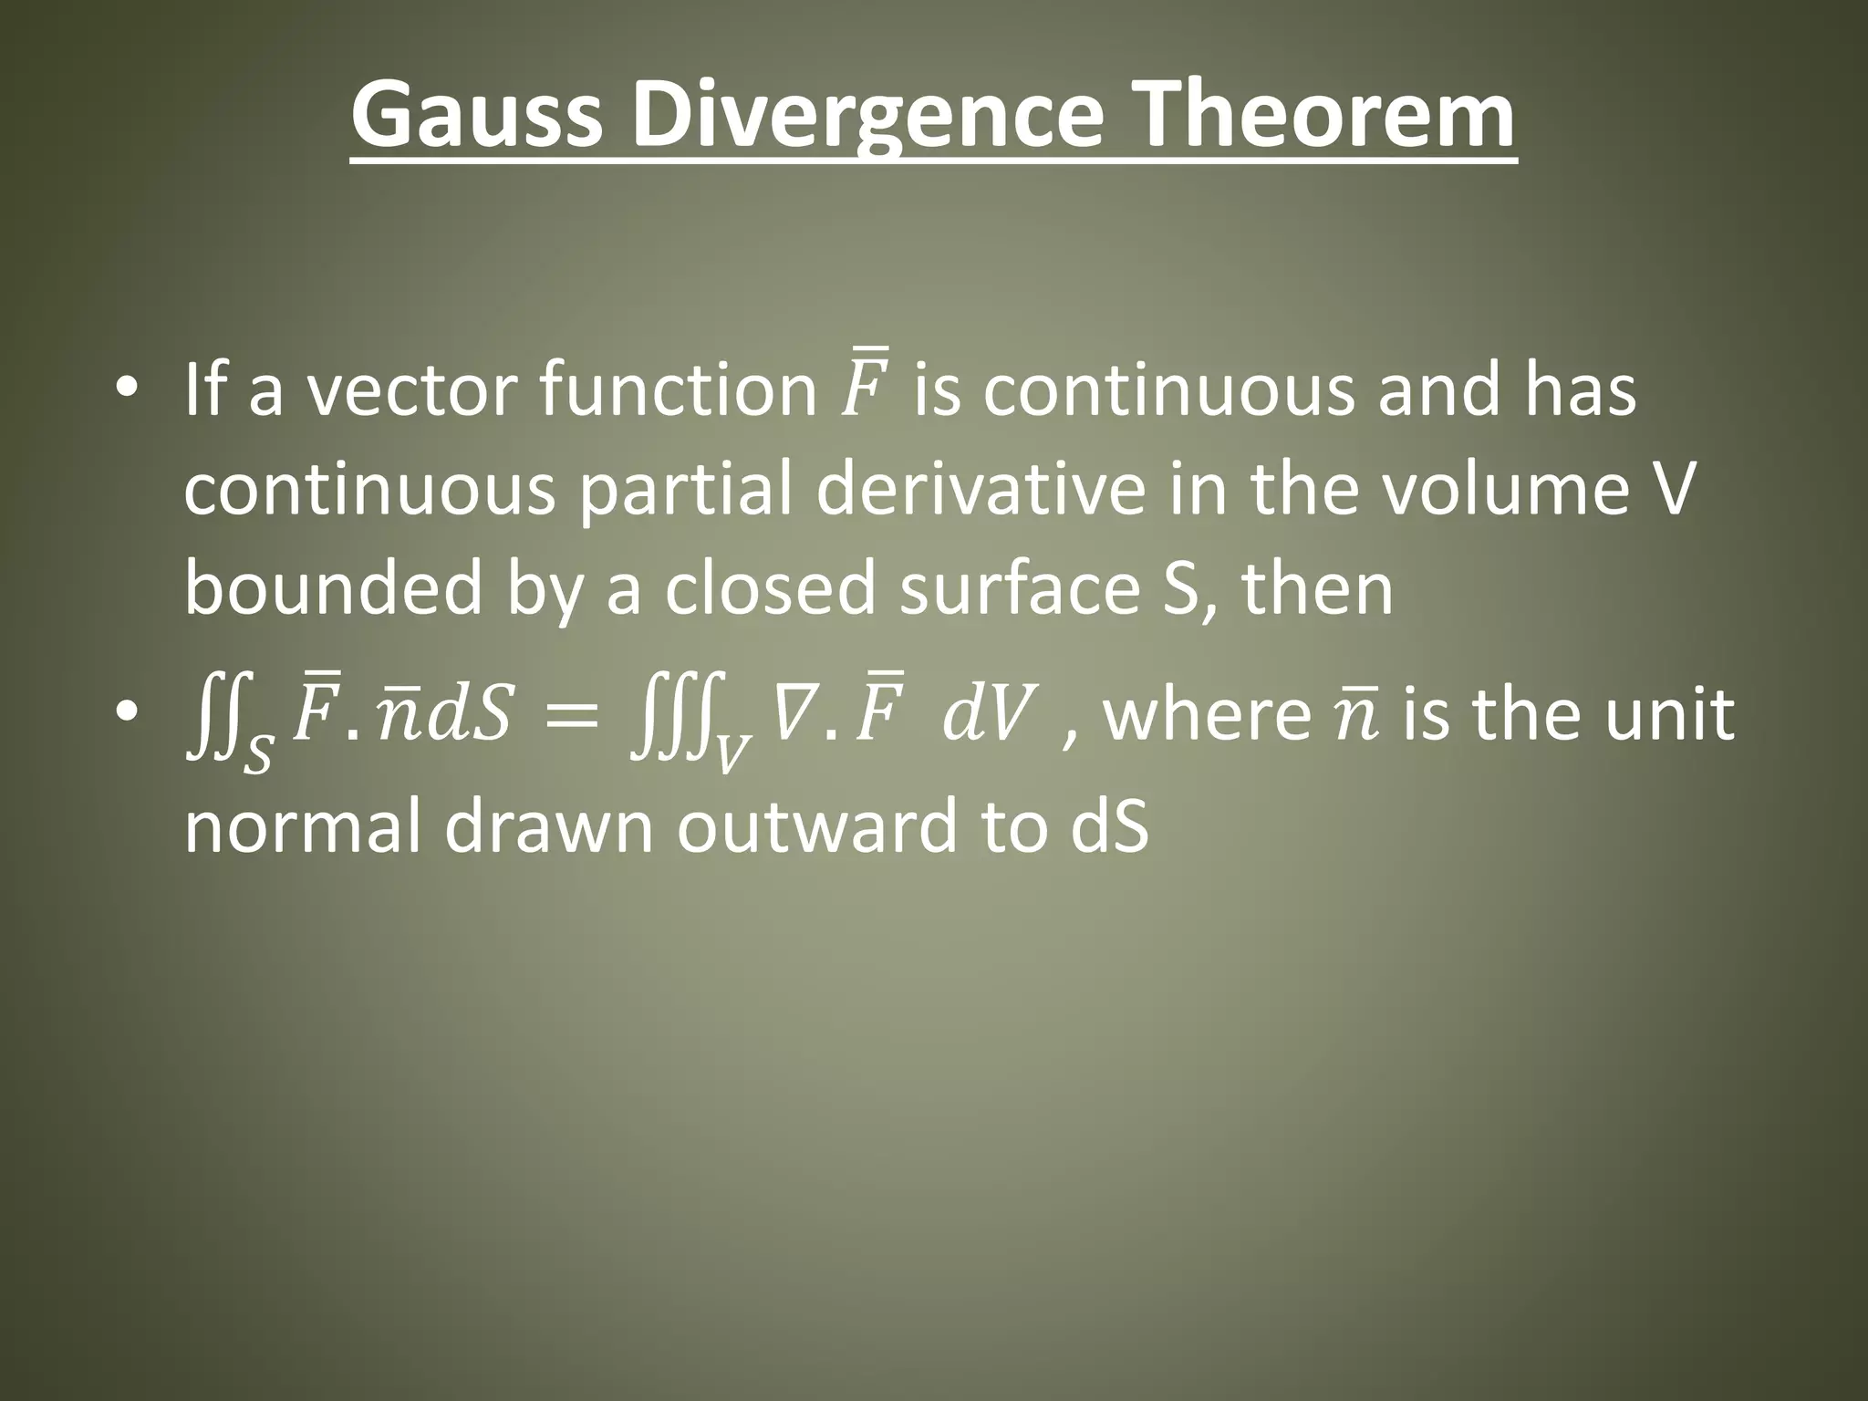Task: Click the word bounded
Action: click(333, 588)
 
